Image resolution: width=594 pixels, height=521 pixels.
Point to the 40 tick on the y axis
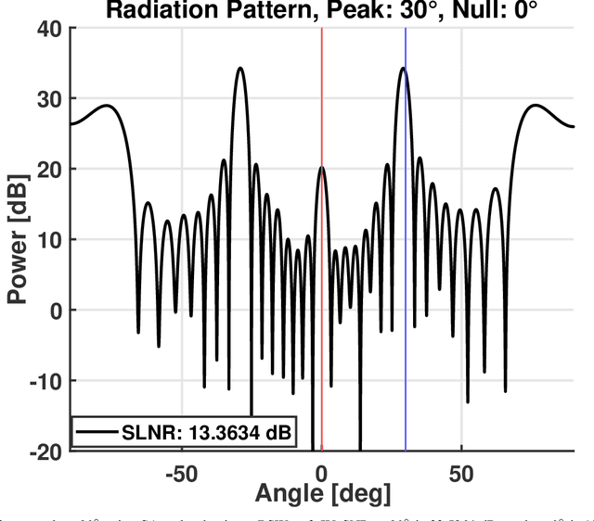tap(49, 28)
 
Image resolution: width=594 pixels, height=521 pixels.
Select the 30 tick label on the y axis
tap(49, 99)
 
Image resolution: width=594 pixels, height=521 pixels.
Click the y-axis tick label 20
tap(49, 170)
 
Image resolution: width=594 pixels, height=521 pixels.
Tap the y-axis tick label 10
tap(49, 240)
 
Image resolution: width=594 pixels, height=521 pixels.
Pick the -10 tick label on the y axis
tap(45, 381)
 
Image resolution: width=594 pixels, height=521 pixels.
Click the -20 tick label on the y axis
tap(45, 451)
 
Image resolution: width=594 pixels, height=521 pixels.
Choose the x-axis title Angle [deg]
tap(321, 493)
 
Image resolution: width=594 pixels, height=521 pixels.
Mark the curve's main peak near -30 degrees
tap(239, 69)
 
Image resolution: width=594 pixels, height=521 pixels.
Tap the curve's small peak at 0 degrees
tap(321, 168)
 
